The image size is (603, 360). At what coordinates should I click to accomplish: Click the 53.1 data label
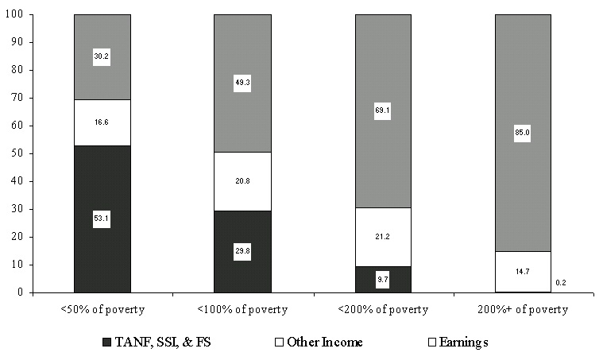pyautogui.click(x=102, y=220)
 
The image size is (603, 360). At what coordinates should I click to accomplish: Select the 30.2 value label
pyautogui.click(x=102, y=57)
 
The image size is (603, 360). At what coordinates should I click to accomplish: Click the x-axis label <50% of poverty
pyautogui.click(x=102, y=309)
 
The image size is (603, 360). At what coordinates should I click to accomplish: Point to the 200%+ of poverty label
pyautogui.click(x=523, y=309)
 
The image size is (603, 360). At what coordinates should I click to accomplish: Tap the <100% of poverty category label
pyautogui.click(x=242, y=309)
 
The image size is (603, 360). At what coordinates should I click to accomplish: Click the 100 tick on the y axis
pyautogui.click(x=14, y=15)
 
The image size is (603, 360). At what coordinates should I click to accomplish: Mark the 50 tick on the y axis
pyautogui.click(x=17, y=153)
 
